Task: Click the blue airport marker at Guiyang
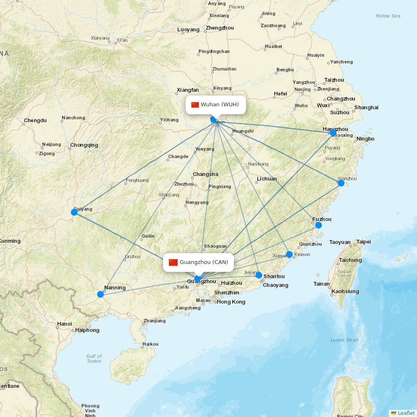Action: pos(74,212)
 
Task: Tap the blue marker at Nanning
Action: pos(100,294)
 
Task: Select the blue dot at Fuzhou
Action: pos(319,225)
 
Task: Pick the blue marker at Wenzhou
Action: pos(341,183)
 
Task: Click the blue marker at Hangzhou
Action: pos(333,133)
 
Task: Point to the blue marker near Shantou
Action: pos(259,275)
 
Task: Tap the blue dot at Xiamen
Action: pos(289,254)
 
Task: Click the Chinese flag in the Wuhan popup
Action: pos(195,105)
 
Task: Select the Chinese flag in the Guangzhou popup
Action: pos(173,262)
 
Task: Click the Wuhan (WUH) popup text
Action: pos(220,104)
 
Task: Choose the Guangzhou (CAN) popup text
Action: pos(204,262)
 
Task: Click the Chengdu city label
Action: pos(35,121)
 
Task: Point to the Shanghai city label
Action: pos(366,108)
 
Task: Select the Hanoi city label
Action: pos(64,324)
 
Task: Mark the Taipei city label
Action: pos(363,242)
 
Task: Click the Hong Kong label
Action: pos(231,302)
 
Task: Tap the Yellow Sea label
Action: pos(388,16)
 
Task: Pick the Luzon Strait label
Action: pos(344,340)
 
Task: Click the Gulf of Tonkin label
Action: pos(94,359)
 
